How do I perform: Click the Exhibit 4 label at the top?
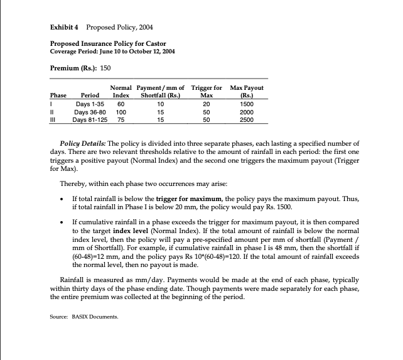tap(65, 28)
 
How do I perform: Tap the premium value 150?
tap(105, 67)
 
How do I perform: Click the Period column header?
tap(85, 95)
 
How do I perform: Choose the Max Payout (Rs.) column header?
tap(247, 91)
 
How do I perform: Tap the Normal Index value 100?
tap(121, 111)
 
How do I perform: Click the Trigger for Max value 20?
tap(207, 103)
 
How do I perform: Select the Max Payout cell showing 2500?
tap(247, 118)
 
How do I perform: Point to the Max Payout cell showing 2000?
tap(247, 111)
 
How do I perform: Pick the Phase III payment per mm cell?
tap(161, 118)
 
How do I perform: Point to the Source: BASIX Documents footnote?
tap(83, 317)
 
